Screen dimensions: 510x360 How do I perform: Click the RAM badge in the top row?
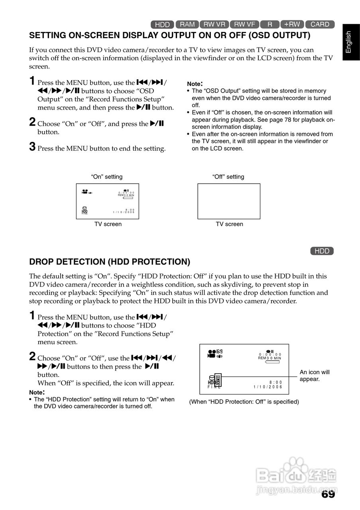(187, 24)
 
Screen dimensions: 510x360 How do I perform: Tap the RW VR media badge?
(214, 24)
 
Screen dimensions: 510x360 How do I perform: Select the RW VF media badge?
(244, 24)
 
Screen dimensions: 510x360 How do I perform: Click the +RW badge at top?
(292, 24)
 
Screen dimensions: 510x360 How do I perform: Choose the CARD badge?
(320, 24)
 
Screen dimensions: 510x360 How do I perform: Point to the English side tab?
(349, 42)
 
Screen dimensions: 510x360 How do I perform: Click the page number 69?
(328, 494)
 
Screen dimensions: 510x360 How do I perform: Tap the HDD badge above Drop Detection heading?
(322, 251)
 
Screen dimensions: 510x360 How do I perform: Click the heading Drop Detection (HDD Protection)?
(110, 262)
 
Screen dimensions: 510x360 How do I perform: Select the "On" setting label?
(107, 177)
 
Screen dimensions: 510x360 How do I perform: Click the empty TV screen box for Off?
(229, 201)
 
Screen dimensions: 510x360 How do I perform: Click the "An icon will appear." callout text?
(315, 375)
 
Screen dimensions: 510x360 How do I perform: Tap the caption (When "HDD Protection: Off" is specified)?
(244, 402)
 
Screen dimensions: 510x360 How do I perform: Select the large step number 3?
(32, 147)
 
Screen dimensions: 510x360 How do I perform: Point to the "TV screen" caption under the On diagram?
(108, 224)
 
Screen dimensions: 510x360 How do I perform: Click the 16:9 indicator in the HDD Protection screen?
(219, 352)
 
